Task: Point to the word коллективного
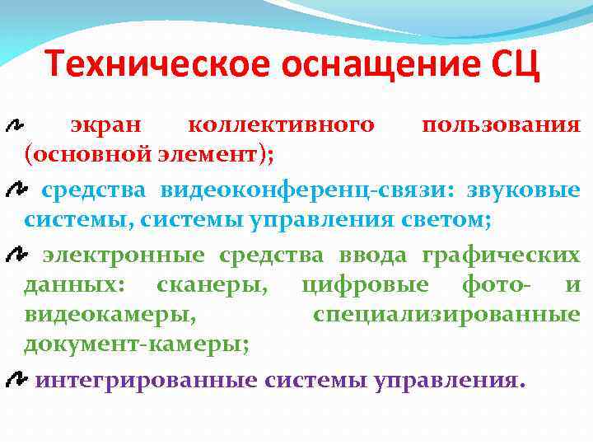(281, 125)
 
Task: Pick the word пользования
(501, 125)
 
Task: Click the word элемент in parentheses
(218, 152)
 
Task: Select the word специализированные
(446, 312)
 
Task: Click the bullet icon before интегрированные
(15, 380)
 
